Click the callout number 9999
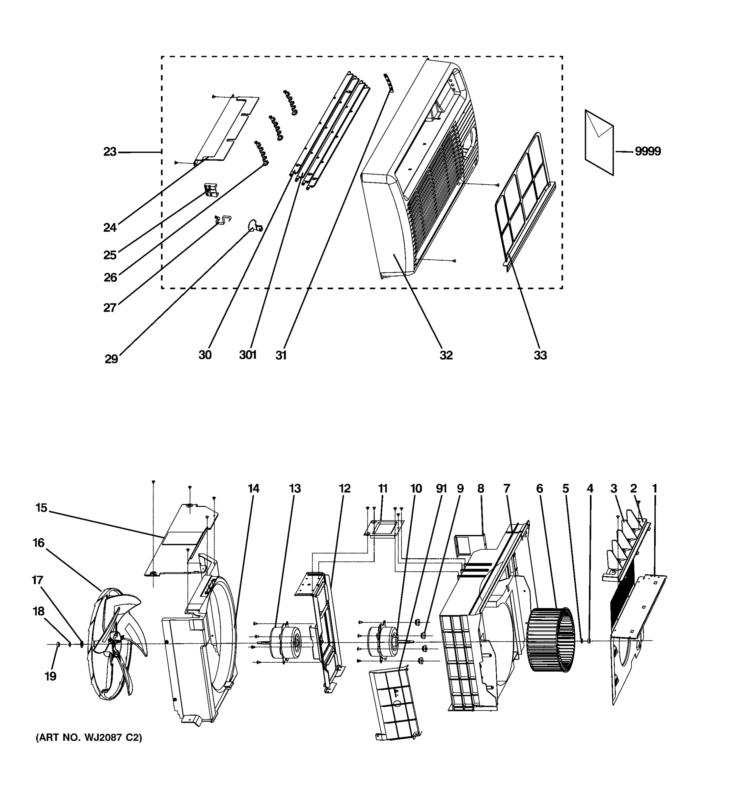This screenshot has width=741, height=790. pyautogui.click(x=647, y=151)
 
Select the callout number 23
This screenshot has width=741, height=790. pyautogui.click(x=110, y=152)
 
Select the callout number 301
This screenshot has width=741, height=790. pyautogui.click(x=248, y=355)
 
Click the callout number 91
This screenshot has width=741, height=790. pyautogui.click(x=441, y=489)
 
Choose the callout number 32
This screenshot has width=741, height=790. pyautogui.click(x=446, y=355)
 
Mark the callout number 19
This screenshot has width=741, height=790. pyautogui.click(x=50, y=676)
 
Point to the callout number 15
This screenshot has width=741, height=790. pyautogui.click(x=41, y=508)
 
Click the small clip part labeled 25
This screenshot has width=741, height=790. pyautogui.click(x=211, y=190)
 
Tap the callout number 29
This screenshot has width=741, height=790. pyautogui.click(x=111, y=359)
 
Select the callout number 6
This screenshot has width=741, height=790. pyautogui.click(x=539, y=489)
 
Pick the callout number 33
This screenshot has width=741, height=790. pyautogui.click(x=540, y=355)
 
